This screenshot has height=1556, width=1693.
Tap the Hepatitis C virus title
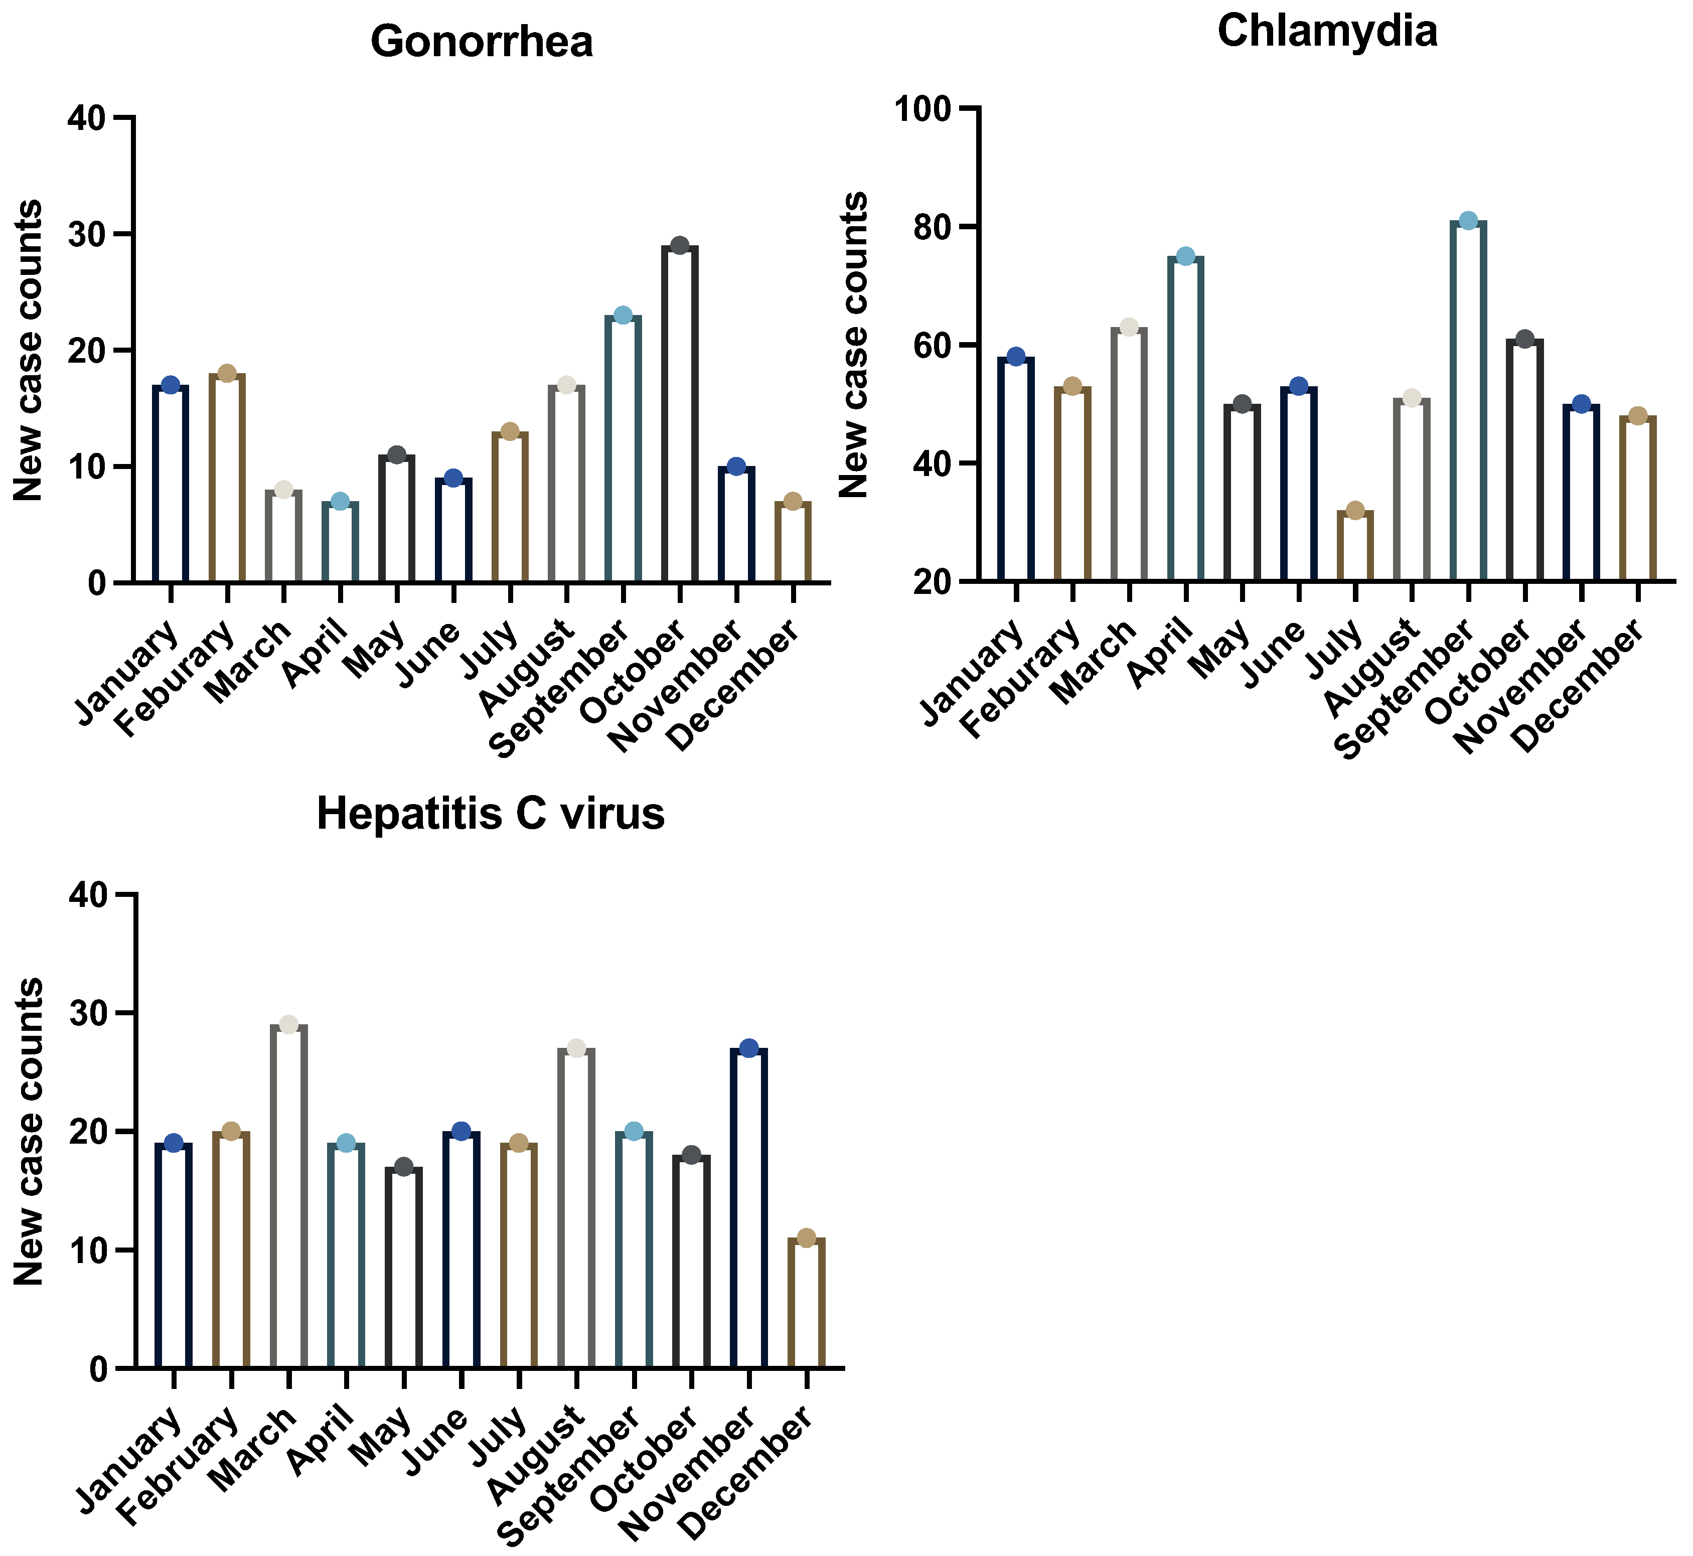pos(491,814)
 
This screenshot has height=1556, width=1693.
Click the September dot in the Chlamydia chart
pos(1468,221)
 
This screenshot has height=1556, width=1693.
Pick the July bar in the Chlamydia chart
pos(1354,546)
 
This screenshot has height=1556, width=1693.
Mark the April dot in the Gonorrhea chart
pos(340,502)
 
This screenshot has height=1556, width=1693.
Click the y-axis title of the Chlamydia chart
pos(854,345)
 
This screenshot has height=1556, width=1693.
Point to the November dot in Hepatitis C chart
pos(748,1048)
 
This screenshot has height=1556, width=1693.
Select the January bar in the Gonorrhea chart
pos(170,484)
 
